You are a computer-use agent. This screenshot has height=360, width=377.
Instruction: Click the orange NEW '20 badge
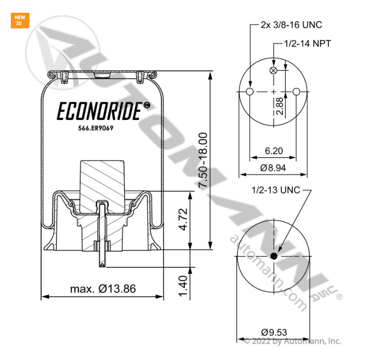click(x=20, y=21)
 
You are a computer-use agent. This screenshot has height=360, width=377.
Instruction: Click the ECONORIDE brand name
click(x=101, y=111)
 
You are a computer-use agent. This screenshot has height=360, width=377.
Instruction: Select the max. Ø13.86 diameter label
click(x=102, y=288)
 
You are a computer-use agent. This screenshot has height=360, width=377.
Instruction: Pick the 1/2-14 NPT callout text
click(x=307, y=44)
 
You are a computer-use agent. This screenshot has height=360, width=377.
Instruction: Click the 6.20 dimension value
click(x=273, y=151)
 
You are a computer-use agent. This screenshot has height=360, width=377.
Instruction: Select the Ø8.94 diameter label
click(x=273, y=168)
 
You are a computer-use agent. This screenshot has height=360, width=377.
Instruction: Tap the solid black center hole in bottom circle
click(x=274, y=257)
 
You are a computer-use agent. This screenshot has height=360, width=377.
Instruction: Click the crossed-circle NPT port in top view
click(x=274, y=71)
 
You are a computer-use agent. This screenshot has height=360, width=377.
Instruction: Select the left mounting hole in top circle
click(x=250, y=92)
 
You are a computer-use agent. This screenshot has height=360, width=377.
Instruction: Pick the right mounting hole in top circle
click(x=297, y=92)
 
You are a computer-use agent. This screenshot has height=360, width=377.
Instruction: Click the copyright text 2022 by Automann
click(x=292, y=341)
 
